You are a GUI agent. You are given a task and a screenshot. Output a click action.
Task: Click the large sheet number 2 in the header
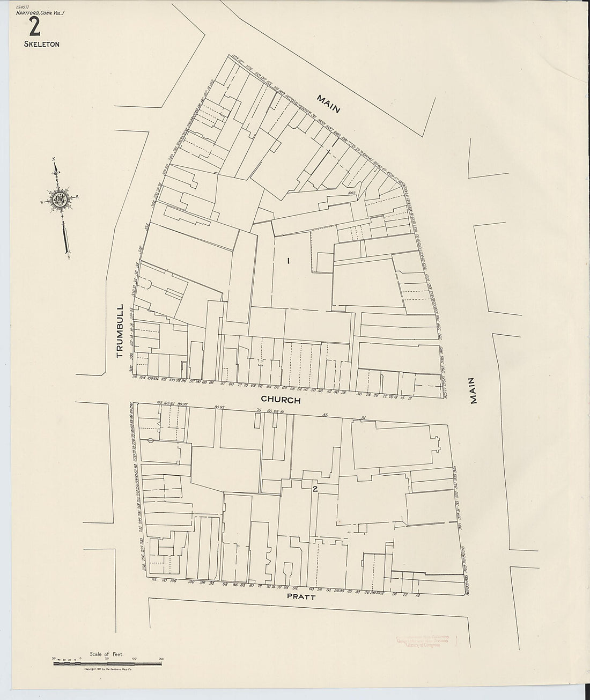click(x=35, y=26)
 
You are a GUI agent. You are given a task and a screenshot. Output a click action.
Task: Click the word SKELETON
click(x=41, y=45)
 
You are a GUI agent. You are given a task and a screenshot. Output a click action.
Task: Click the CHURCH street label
click(x=281, y=400)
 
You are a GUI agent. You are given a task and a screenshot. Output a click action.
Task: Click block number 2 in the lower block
click(x=315, y=489)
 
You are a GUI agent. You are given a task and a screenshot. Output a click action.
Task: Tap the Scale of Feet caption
click(x=107, y=654)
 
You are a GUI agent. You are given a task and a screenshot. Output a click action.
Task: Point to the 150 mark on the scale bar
click(x=160, y=659)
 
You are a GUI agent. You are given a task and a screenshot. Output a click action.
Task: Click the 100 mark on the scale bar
click(x=134, y=659)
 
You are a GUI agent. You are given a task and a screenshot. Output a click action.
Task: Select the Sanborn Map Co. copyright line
click(x=107, y=670)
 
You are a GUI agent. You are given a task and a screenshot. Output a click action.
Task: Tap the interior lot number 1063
click(x=352, y=192)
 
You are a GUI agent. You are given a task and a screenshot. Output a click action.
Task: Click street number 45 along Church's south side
click(x=325, y=414)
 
